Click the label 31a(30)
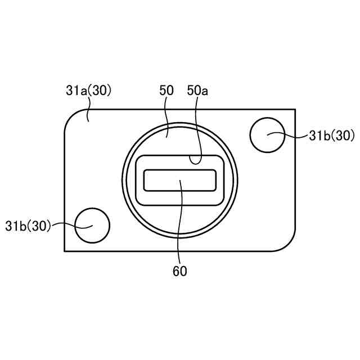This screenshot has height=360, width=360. [89, 90]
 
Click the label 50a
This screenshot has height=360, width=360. [197, 90]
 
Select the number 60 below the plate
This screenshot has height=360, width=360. [180, 271]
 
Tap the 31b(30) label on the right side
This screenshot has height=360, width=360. [332, 136]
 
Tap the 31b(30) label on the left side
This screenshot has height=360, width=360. [28, 226]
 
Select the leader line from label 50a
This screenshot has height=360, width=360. [199, 129]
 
